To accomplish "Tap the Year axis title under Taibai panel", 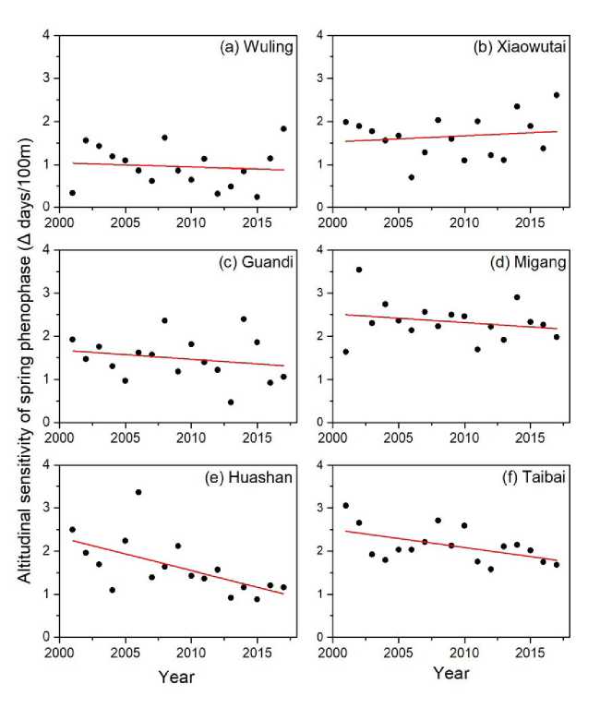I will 450,675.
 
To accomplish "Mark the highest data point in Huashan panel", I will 138,492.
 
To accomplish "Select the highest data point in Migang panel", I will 359,270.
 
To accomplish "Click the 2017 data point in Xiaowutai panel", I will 556,95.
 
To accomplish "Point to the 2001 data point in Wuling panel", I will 72,193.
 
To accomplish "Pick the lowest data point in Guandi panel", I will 230,402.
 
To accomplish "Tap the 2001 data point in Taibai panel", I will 346,505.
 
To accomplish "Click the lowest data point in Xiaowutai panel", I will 411,177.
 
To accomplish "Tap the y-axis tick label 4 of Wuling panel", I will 47,36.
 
